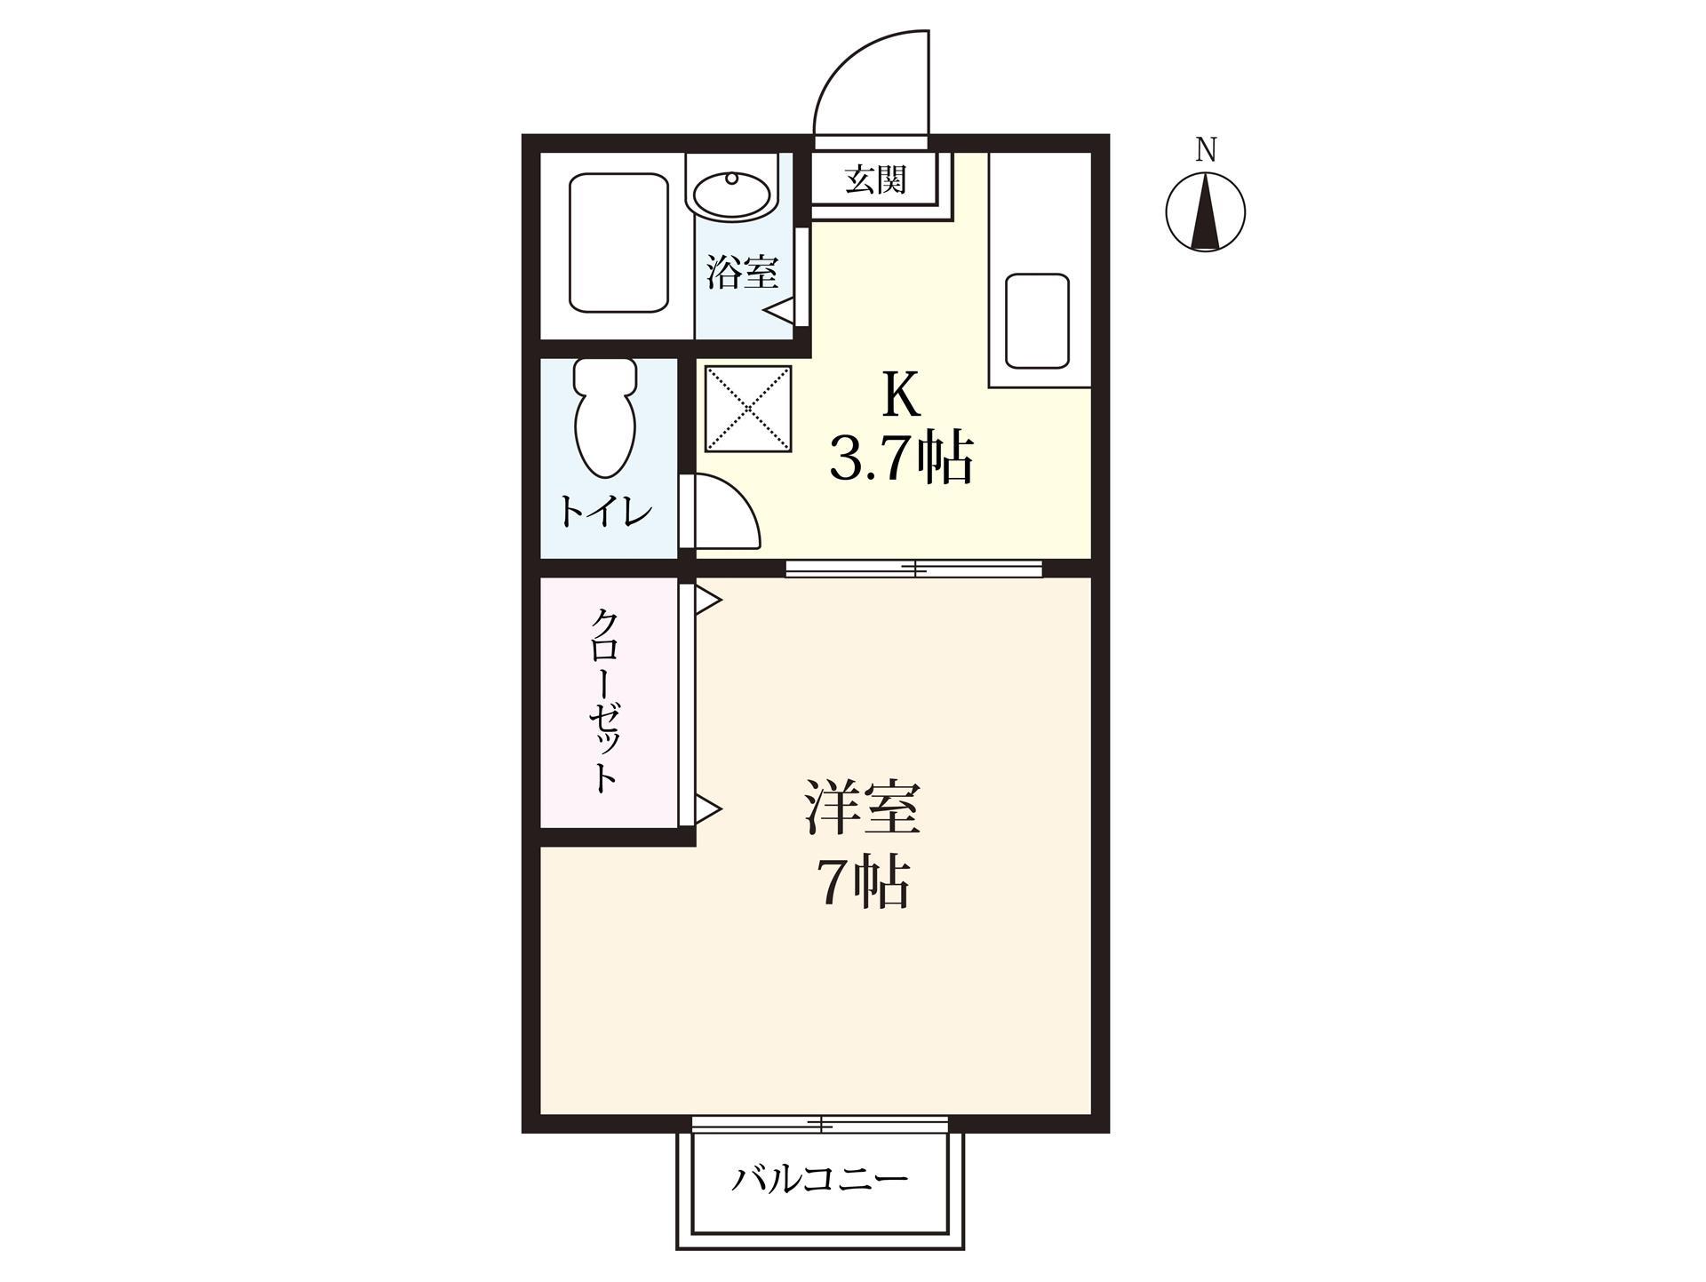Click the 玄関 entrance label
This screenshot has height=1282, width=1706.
pyautogui.click(x=875, y=180)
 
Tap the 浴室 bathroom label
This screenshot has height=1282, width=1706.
pyautogui.click(x=742, y=272)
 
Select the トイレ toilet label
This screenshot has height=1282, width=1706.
pyautogui.click(x=605, y=512)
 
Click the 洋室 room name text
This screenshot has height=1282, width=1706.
pyautogui.click(x=862, y=808)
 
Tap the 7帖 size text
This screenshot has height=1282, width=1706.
pyautogui.click(x=863, y=883)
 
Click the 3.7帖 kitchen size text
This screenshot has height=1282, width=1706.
pyautogui.click(x=900, y=458)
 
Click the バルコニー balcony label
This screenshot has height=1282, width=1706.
pyautogui.click(x=819, y=1180)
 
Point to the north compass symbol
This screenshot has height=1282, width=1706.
pyautogui.click(x=1205, y=212)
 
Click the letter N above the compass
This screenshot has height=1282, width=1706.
pyautogui.click(x=1205, y=150)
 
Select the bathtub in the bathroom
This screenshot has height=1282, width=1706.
pyautogui.click(x=618, y=243)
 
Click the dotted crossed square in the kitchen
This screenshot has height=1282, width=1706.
pyautogui.click(x=747, y=408)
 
